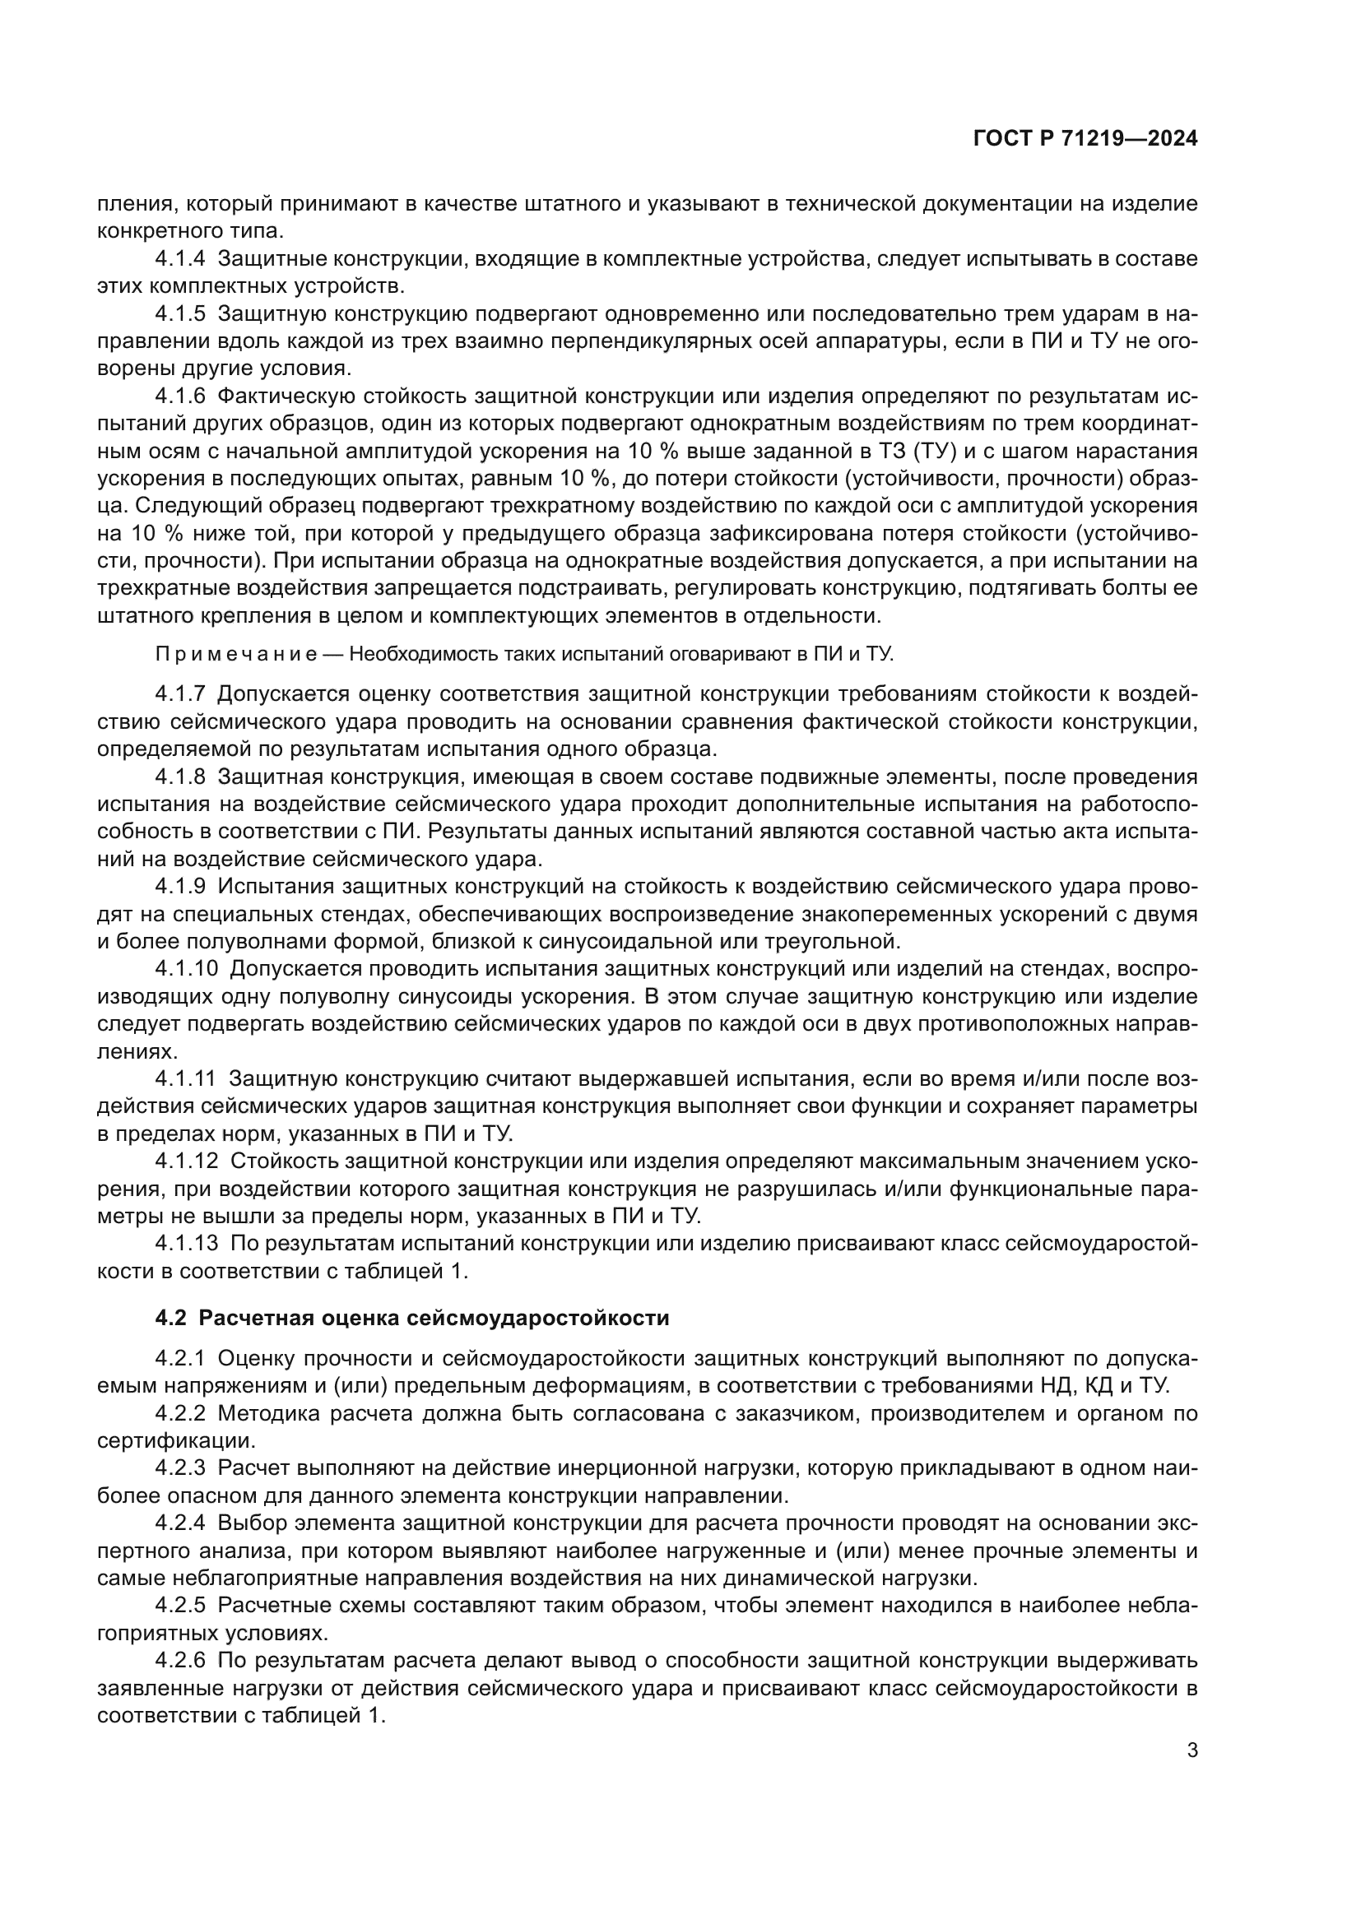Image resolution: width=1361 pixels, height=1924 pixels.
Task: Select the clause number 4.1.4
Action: (180, 259)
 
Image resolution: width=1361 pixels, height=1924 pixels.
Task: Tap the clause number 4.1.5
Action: (180, 313)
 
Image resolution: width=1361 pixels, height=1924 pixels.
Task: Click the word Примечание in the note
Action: (236, 655)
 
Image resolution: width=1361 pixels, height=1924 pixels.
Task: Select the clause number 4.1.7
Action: (180, 694)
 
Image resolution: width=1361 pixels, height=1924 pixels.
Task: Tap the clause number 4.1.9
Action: (180, 886)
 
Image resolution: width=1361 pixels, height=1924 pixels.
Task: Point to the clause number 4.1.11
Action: (185, 1078)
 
